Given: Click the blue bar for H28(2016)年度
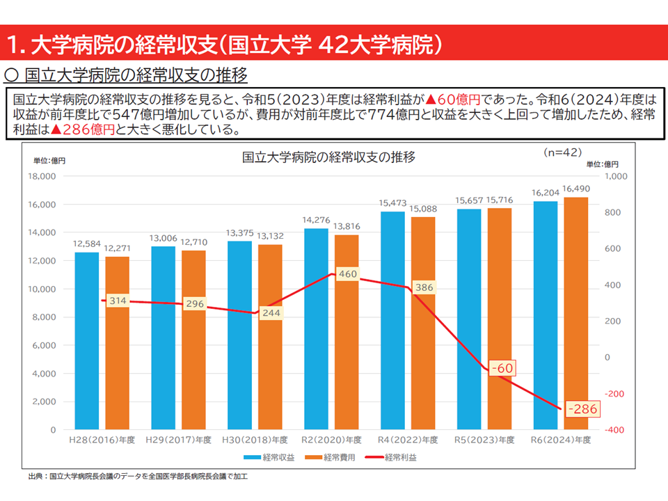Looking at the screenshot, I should (x=87, y=341).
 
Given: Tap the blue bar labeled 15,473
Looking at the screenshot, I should (x=392, y=320).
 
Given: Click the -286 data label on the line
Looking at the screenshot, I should (x=582, y=409).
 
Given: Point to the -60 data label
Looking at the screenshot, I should (x=501, y=367).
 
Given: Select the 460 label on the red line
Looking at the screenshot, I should (x=347, y=274).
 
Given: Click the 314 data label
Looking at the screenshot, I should (x=118, y=301).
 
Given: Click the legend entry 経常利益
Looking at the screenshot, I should (x=392, y=457).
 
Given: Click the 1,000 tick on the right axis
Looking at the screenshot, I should (x=617, y=176).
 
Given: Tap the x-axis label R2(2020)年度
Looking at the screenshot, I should (x=332, y=440).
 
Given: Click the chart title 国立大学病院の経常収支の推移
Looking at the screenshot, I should (x=328, y=157).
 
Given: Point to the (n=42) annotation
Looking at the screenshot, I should (x=562, y=151).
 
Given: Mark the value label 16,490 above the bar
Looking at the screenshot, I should (x=575, y=189).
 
